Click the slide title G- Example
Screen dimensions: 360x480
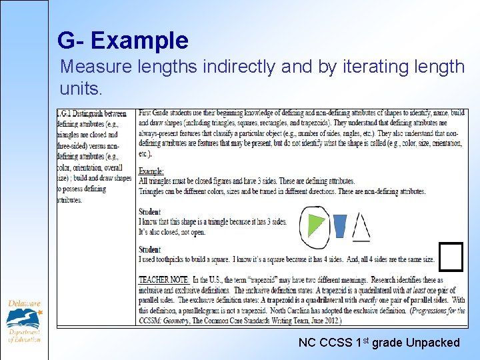(123, 41)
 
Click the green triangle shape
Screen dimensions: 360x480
(315, 224)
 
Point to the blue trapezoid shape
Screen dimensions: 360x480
(340, 225)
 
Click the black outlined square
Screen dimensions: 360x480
(451, 257)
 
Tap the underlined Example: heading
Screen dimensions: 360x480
(151, 171)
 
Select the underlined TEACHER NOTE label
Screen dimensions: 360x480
(163, 280)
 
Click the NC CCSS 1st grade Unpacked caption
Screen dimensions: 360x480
(379, 343)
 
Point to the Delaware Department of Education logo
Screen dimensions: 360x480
(25, 321)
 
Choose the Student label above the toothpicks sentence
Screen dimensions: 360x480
(150, 249)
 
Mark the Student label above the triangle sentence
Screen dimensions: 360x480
(150, 212)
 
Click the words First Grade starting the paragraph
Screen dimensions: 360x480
(158, 114)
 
